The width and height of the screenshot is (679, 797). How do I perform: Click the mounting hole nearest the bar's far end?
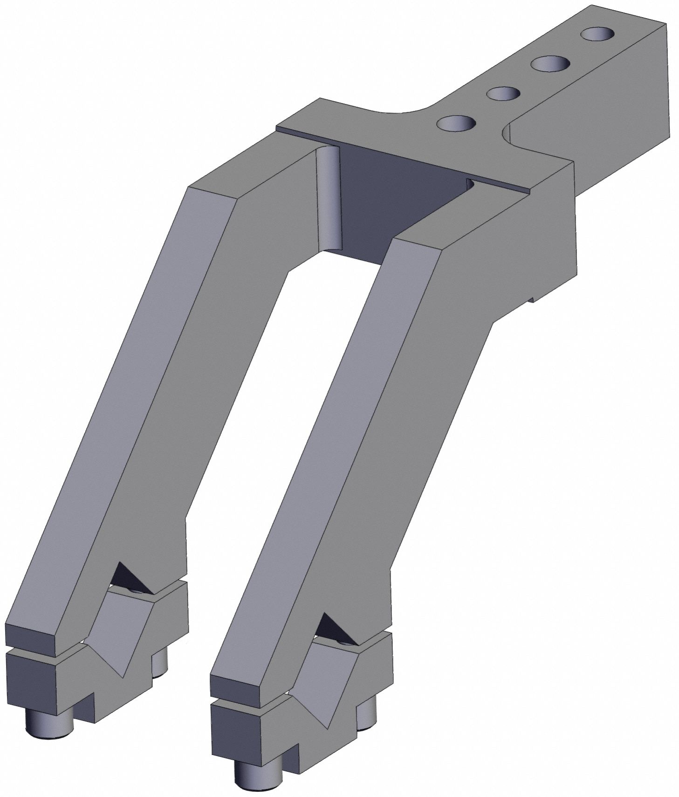(x=597, y=34)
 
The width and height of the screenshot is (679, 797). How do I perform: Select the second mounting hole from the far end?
(x=551, y=63)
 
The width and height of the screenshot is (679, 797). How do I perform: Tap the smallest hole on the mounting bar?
(x=503, y=93)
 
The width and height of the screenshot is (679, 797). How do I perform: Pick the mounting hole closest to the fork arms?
(x=456, y=124)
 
